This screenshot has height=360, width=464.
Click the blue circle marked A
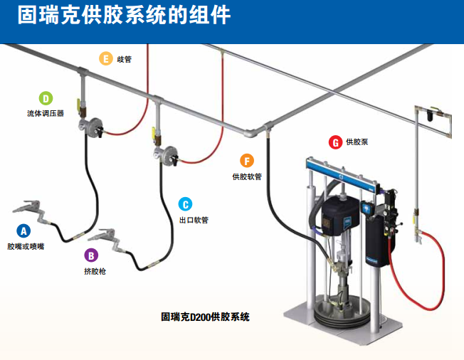tap(23, 231)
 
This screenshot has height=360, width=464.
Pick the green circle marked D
tap(46, 98)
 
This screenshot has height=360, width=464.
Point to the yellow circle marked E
tap(106, 58)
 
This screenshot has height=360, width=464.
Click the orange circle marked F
tap(247, 161)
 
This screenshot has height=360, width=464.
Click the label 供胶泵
tap(357, 142)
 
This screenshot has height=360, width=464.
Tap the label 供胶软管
tap(247, 176)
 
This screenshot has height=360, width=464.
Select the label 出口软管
tap(194, 220)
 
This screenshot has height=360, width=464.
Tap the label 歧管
tap(124, 59)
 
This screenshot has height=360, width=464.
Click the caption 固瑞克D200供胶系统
tap(205, 316)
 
